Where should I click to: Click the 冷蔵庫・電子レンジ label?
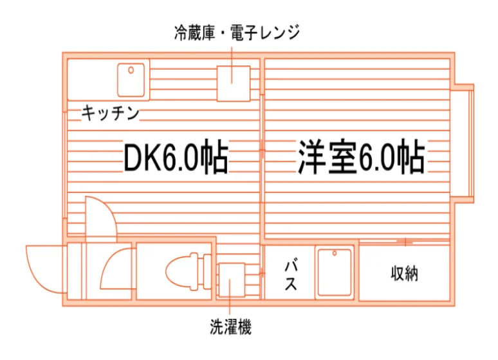pos(237,32)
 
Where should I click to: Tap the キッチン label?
pos(110,113)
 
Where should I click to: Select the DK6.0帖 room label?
pos(176,156)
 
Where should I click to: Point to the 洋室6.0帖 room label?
pos(361,156)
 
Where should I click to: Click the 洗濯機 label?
pos(230,327)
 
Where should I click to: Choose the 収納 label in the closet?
pos(404,273)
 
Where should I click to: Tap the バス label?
pos(291,276)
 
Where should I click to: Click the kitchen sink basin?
pos(131,80)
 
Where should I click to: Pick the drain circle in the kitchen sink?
pos(131,70)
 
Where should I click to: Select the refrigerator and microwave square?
pos(234,84)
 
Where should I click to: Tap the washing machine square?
pos(232,280)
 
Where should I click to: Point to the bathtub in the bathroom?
pos(335,273)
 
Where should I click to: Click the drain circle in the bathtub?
pos(335,253)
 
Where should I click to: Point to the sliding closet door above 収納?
pos(404,242)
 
